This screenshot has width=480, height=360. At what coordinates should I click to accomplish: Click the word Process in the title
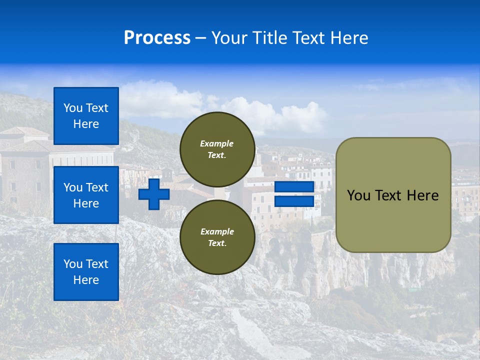coord(157,38)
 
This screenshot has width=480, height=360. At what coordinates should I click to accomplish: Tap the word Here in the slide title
coord(348,38)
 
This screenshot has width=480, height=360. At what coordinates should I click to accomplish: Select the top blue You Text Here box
coord(86,116)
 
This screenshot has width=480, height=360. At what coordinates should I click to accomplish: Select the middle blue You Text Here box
coord(86,195)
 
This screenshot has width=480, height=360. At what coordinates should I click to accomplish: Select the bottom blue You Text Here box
coord(86,271)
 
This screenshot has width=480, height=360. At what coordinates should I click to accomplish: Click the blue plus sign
coord(154,194)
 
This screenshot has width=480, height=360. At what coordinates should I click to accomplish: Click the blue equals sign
coord(294,194)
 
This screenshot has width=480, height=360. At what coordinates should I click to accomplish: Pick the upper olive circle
coord(217,149)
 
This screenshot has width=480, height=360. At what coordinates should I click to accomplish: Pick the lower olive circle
coord(217,237)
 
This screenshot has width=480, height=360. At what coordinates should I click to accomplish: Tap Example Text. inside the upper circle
coord(217,149)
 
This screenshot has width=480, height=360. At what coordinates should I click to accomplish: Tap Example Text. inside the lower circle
coord(217,237)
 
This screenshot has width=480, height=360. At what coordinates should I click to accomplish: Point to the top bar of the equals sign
coord(294,187)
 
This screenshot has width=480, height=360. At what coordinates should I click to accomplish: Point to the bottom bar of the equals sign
coord(294,201)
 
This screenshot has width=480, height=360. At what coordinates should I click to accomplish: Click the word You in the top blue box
coord(73,108)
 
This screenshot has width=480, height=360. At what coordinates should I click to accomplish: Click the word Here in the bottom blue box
coord(86,280)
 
